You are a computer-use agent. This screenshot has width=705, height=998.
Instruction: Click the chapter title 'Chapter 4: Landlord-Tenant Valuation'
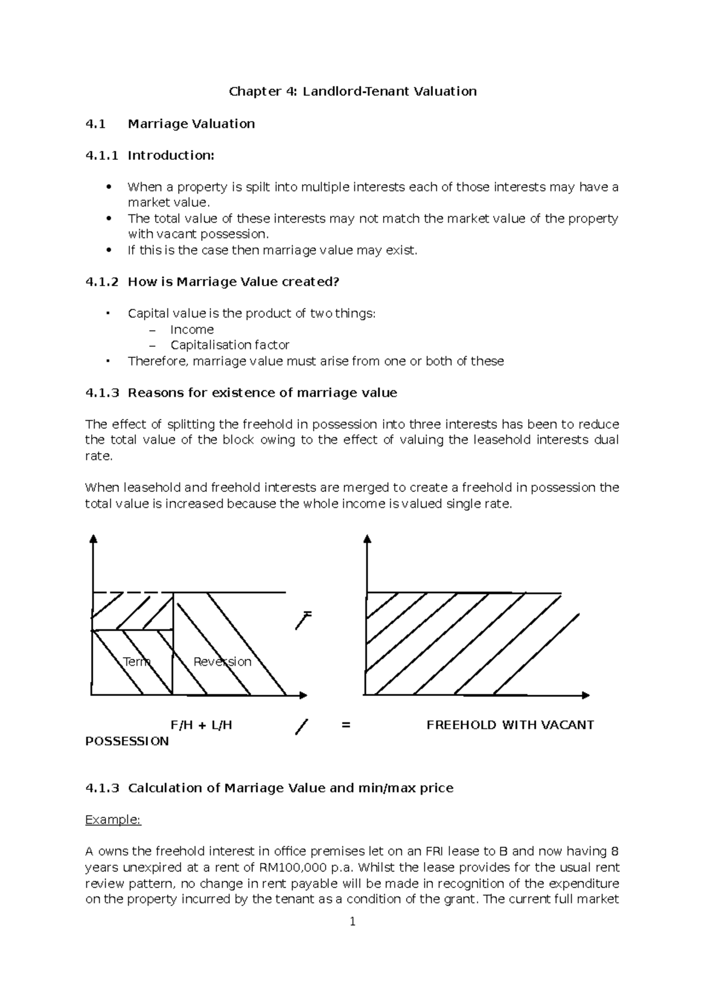click(352, 91)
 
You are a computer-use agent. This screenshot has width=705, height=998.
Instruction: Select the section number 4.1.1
click(101, 155)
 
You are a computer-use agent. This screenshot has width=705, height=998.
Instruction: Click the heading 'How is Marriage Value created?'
click(233, 282)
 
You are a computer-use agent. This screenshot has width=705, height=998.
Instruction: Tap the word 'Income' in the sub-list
click(192, 329)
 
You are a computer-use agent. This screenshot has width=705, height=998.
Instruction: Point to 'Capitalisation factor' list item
click(230, 345)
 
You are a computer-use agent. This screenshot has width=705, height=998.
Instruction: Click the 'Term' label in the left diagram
click(136, 662)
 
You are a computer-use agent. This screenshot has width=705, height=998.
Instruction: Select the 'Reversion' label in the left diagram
click(222, 662)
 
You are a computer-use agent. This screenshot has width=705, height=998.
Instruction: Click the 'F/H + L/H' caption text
click(201, 725)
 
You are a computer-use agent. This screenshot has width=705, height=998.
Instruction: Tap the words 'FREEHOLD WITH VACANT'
click(510, 725)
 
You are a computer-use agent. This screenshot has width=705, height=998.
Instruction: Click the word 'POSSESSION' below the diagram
click(127, 741)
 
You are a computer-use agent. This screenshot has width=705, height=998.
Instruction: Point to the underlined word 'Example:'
click(113, 820)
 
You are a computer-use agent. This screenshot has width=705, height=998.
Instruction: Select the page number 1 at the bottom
click(352, 922)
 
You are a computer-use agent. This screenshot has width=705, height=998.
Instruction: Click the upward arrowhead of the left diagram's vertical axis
click(93, 538)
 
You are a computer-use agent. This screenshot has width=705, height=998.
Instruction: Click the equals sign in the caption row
click(345, 725)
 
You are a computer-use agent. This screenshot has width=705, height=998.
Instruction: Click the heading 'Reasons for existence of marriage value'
click(262, 393)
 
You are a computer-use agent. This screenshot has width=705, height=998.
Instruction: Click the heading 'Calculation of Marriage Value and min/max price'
click(290, 788)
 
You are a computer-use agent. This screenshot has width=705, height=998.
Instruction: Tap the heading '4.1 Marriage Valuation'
click(170, 123)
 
